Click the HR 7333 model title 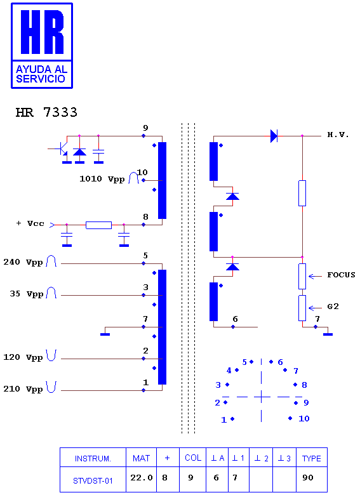[46, 112]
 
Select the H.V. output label [338, 135]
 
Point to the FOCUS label [341, 275]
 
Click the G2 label [333, 307]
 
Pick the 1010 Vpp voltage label [102, 179]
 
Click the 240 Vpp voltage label [23, 262]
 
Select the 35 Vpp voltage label [27, 294]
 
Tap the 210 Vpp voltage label [23, 389]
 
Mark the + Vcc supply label [30, 223]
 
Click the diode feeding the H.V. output [274, 136]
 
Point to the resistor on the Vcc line [98, 225]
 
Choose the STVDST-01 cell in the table [93, 481]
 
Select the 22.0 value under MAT [142, 478]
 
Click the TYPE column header [311, 458]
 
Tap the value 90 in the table [307, 478]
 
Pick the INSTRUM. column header [93, 458]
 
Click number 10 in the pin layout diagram [303, 419]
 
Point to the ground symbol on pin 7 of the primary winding [105, 334]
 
